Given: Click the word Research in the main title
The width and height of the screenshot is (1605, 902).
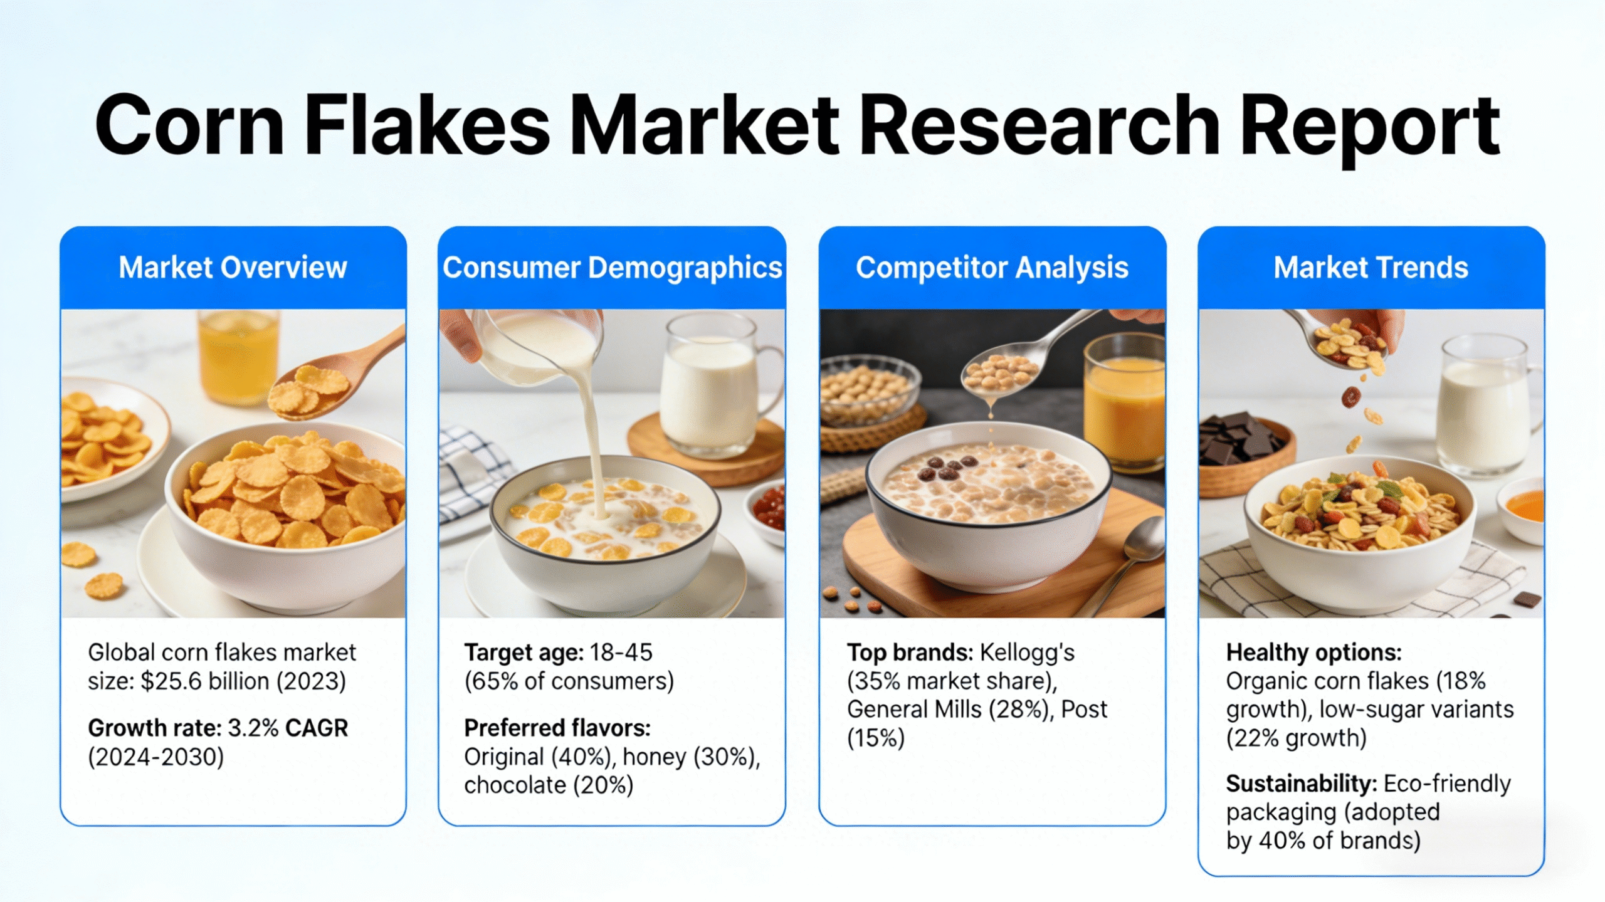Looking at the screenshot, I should pos(1038,125).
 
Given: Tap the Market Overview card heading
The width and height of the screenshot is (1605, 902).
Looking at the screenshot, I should pos(233,268).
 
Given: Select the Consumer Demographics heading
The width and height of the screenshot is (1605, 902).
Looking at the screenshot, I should pos(612,268).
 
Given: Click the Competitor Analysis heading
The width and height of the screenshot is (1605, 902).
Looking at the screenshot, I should pos(992,268).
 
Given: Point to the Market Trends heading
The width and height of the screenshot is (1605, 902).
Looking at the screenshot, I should pos(1371,268).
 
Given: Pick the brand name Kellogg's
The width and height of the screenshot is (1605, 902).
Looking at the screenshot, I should pos(1027,653).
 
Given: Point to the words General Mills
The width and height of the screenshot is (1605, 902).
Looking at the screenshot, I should pos(914,710).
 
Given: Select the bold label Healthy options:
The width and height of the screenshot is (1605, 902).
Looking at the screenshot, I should pos(1313,653).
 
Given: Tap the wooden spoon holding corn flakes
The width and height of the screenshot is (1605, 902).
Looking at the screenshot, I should pos(326,382).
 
